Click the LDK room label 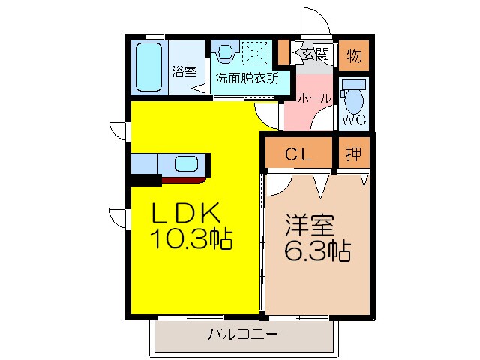pos(187,214)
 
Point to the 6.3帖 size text pos(316,250)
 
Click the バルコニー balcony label pos(243,334)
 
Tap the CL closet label pos(298,154)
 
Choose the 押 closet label pos(354,154)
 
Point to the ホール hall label pos(315,97)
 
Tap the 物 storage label pos(354,55)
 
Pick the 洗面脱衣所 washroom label pos(247,77)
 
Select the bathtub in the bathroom pos(149,67)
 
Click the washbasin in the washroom pos(225,52)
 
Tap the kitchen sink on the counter pos(186,164)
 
